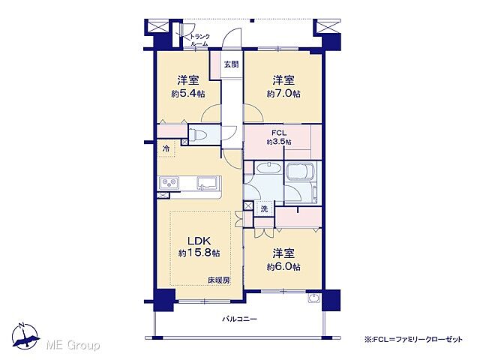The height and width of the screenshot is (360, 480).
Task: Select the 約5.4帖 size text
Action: (188, 94)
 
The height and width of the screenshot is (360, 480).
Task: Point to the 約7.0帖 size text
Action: (283, 94)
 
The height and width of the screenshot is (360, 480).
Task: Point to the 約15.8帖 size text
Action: (199, 254)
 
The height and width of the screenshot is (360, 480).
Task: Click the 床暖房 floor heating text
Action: (219, 281)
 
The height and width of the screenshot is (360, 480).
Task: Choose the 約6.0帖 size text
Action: (283, 266)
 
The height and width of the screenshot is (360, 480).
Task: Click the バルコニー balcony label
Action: (238, 319)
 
